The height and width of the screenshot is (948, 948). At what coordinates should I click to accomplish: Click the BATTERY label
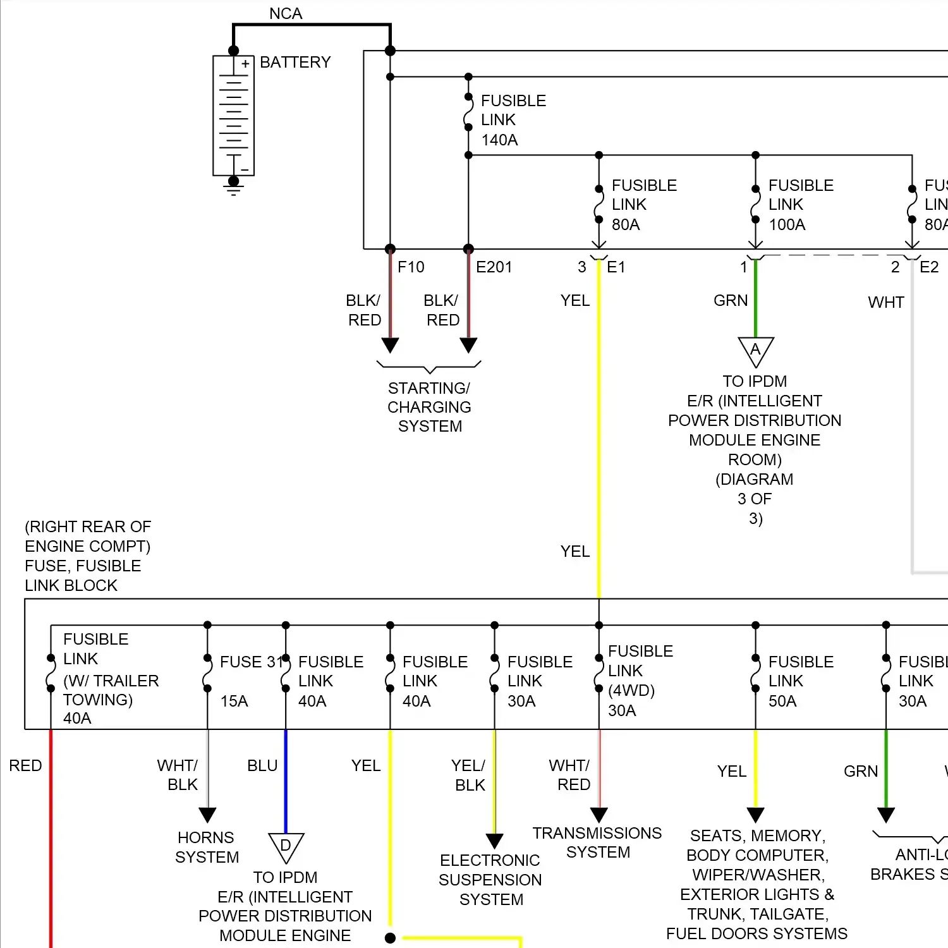(295, 63)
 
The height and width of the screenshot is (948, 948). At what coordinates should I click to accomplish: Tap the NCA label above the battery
(286, 13)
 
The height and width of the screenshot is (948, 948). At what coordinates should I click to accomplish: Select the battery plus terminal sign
(245, 64)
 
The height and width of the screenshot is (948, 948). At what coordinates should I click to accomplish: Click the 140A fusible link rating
(499, 140)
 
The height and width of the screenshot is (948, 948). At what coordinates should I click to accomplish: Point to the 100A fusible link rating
(787, 224)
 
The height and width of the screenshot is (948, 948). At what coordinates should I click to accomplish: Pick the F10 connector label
(411, 267)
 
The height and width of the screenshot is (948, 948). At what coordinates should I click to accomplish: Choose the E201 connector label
(494, 267)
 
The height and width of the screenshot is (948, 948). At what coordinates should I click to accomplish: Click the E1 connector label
(616, 267)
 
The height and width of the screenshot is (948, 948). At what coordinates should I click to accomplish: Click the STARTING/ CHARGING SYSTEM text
(430, 407)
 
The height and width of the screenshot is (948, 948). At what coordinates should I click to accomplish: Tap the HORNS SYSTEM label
(207, 848)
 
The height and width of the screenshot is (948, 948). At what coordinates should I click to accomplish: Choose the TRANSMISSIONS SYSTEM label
(597, 842)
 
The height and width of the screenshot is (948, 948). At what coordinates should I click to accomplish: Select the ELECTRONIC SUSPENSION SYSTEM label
(490, 880)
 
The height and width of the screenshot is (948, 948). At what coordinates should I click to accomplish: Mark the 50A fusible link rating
(782, 701)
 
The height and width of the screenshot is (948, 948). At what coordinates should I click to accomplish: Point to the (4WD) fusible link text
(631, 690)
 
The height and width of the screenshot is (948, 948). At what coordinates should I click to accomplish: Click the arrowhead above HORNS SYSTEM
(207, 814)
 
